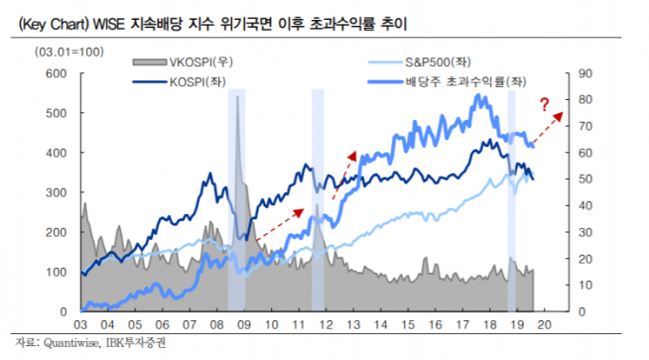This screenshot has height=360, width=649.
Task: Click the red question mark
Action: pos(545,105)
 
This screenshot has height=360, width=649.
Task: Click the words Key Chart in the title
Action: pos(48,20)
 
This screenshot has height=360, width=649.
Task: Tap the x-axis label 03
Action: pos(80,323)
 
